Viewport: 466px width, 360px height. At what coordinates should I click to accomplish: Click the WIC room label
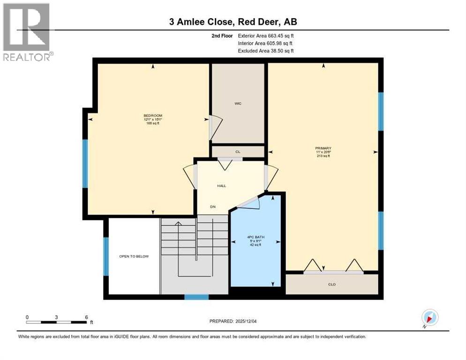[x=238, y=104]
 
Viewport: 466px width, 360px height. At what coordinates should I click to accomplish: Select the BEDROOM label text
[x=152, y=115]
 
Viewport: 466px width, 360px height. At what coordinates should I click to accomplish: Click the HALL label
[x=221, y=186]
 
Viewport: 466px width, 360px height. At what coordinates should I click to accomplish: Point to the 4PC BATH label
[x=256, y=237]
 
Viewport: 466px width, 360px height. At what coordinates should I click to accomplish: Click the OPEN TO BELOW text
[x=134, y=256]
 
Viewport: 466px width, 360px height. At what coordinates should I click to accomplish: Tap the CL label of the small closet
[x=238, y=152]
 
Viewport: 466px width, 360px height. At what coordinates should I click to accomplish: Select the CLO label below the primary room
[x=331, y=285]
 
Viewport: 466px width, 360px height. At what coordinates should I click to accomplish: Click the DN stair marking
[x=212, y=207]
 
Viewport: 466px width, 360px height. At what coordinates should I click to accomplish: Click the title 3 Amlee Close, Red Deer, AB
[x=233, y=22]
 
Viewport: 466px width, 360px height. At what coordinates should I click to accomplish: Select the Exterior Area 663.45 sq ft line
[x=266, y=36]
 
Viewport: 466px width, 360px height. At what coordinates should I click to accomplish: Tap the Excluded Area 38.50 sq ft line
[x=266, y=51]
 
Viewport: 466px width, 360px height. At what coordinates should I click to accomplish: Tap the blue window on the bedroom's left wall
[x=85, y=164]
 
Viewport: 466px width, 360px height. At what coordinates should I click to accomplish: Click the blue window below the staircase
[x=196, y=297]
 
